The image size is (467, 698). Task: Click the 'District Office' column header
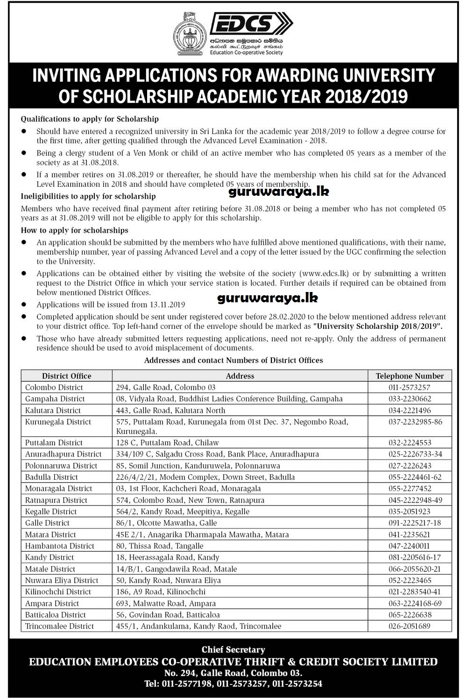[66, 376]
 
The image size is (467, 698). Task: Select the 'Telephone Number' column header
[410, 376]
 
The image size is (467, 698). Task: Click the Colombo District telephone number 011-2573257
[409, 387]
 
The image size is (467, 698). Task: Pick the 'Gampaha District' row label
[55, 399]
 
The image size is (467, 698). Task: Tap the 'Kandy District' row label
[50, 557]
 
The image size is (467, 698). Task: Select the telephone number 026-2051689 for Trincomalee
[409, 626]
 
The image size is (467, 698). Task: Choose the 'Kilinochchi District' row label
[58, 592]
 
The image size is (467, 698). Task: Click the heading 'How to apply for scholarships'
[75, 230]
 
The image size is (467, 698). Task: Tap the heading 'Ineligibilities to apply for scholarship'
[88, 196]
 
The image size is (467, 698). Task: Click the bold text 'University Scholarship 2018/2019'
[377, 326]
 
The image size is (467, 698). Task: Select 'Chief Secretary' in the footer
[233, 649]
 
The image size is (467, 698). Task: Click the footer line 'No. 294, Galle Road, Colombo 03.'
[233, 673]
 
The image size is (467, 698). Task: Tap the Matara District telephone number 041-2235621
[409, 534]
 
